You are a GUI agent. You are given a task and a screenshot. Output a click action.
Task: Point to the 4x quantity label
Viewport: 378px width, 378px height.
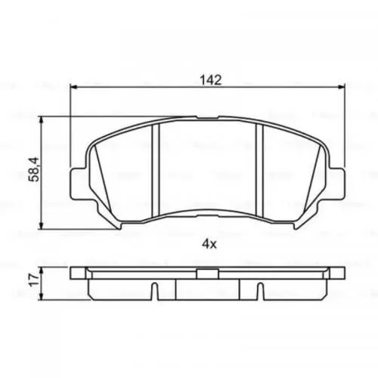coord(209,244)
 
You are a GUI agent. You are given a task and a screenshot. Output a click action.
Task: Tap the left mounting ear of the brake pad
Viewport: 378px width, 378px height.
coord(78,182)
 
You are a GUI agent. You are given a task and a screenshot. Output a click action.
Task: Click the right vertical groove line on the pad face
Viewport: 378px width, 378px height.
coord(261,170)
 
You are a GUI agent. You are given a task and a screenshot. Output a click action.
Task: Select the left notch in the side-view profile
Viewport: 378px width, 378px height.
coord(154,290)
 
